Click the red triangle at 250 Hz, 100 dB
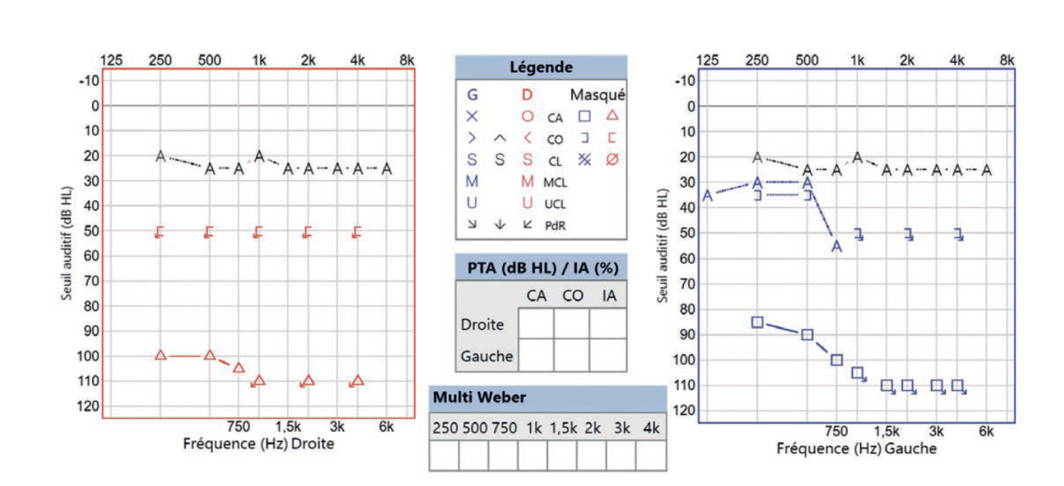(160, 355)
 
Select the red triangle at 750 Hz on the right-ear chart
(239, 368)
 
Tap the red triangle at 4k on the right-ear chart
(358, 380)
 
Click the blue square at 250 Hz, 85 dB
(757, 322)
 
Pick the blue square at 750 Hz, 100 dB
(837, 360)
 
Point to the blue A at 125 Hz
(708, 196)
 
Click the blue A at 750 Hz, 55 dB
(837, 247)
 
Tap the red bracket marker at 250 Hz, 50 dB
(160, 232)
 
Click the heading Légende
(540, 68)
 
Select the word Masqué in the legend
(597, 95)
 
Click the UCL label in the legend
(555, 204)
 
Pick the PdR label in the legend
(556, 225)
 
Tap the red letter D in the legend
(526, 95)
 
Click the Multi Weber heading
(469, 398)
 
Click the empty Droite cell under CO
(572, 323)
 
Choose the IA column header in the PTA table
(608, 295)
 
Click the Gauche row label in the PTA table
(486, 355)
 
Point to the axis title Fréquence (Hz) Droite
(258, 443)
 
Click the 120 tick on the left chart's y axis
(90, 406)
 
